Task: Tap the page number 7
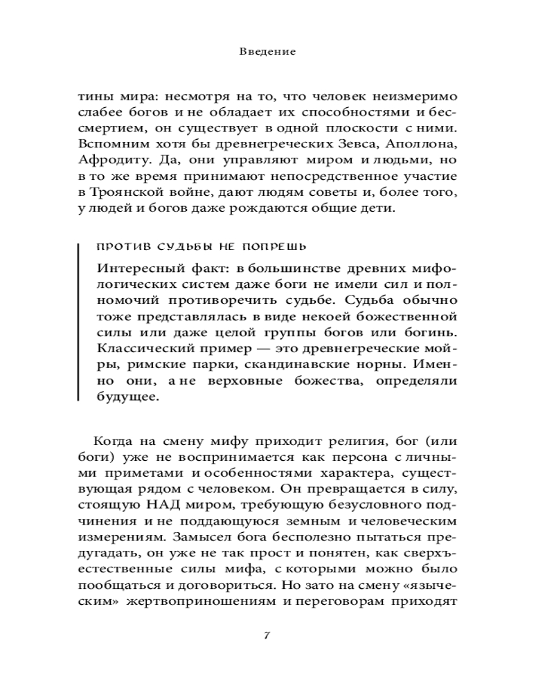(x=267, y=636)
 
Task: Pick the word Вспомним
(x=109, y=146)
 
